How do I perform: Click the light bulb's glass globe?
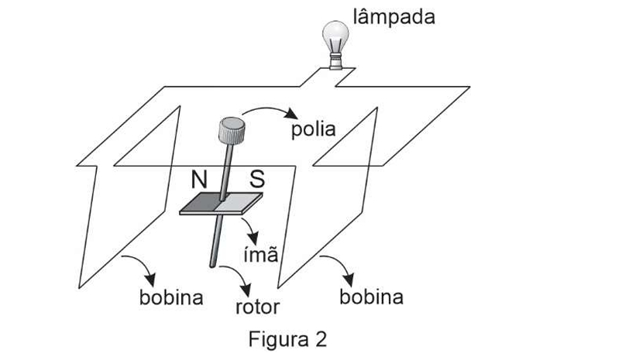pos(335,35)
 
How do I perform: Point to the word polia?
pos(313,129)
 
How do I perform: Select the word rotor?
pos(257,306)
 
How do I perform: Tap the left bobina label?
pos(171,297)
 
